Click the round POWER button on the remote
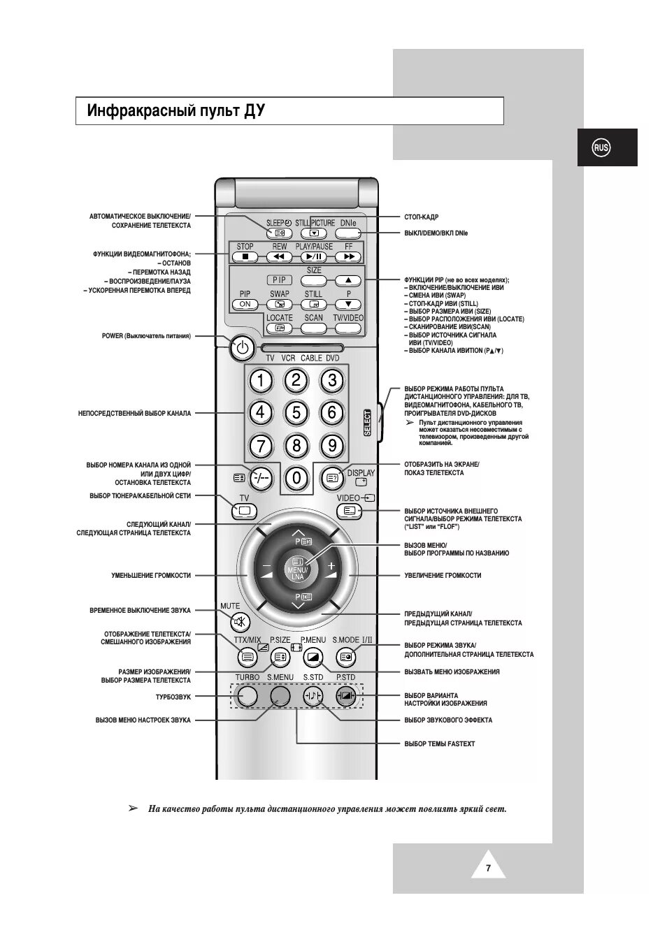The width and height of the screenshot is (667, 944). point(242,347)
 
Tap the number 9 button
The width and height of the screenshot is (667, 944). point(332,445)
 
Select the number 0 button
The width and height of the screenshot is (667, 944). point(296,478)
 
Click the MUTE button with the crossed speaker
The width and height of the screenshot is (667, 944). point(240,621)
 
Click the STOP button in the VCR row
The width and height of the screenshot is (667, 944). point(245,256)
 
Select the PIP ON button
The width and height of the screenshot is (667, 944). point(245,304)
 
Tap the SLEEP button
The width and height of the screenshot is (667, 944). point(279,233)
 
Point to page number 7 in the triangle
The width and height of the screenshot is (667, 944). point(488,869)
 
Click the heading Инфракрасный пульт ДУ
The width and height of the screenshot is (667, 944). point(176,111)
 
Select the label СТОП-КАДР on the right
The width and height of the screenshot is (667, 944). point(421,217)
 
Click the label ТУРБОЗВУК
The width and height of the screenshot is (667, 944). point(173,697)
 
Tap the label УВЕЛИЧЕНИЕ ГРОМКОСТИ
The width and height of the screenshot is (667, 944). point(442,576)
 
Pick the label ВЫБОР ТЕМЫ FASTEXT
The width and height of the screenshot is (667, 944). point(439,744)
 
